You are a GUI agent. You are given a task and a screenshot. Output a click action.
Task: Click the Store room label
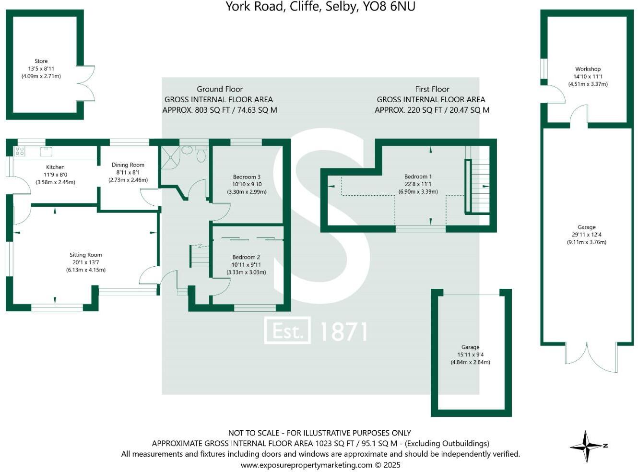(x=41, y=61)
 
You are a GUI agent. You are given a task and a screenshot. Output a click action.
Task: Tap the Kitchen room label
(x=56, y=167)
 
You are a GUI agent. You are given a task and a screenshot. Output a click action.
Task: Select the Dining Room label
(x=128, y=165)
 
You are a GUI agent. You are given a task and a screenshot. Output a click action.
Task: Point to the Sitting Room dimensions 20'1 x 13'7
(x=86, y=262)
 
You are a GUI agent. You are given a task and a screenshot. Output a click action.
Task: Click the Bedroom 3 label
(x=247, y=177)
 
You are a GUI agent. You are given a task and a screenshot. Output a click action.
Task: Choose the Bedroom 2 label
(x=246, y=257)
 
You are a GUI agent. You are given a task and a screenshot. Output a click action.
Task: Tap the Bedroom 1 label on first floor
(x=418, y=177)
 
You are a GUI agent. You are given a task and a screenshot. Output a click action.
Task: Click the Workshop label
(x=588, y=69)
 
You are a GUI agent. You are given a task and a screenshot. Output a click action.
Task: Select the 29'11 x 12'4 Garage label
(x=586, y=235)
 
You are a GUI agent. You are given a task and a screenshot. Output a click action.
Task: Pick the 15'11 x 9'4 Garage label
(x=470, y=354)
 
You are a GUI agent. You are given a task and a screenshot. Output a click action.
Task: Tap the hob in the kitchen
(x=20, y=152)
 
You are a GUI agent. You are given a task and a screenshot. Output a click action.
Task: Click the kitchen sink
(x=46, y=152)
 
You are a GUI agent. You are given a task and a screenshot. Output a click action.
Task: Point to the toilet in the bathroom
(x=201, y=154)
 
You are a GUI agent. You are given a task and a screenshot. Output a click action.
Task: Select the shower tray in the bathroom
(x=170, y=157)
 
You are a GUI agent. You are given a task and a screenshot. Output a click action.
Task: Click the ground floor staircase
(x=200, y=256)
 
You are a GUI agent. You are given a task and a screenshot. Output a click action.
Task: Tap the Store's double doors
(x=85, y=83)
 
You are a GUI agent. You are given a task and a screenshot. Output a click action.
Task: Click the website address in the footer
(x=306, y=465)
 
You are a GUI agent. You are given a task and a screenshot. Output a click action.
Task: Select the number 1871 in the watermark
(x=343, y=331)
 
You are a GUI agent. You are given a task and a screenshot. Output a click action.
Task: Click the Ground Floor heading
(x=220, y=89)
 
